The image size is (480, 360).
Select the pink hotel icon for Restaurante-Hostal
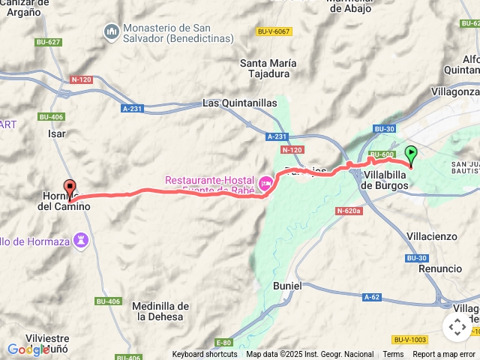pyautogui.click(x=266, y=183)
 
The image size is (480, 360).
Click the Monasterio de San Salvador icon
pyautogui.click(x=111, y=31)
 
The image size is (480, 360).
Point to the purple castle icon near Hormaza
pyautogui.click(x=82, y=241)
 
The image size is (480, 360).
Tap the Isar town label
pyautogui.click(x=57, y=133)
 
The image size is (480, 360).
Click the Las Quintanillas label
pyautogui.click(x=240, y=103)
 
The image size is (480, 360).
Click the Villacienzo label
pyautogui.click(x=431, y=236)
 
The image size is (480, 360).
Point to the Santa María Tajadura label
pyautogui.click(x=268, y=68)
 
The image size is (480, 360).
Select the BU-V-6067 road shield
pyautogui.click(x=274, y=31)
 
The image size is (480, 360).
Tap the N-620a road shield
pyautogui.click(x=349, y=211)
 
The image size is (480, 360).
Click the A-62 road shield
pyautogui.click(x=371, y=297)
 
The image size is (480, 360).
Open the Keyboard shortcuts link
pyautogui.click(x=205, y=355)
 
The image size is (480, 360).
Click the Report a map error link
pyautogui.click(x=444, y=355)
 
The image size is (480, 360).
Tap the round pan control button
pyautogui.click(x=457, y=327)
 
